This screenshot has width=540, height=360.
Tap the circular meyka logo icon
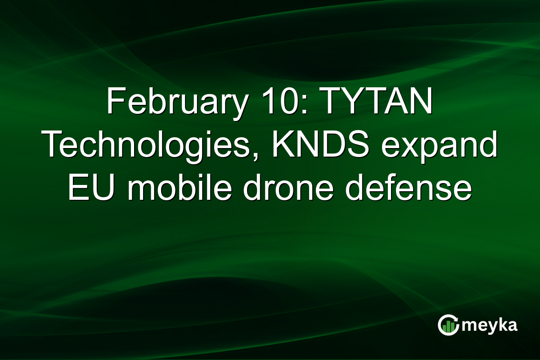click(449, 325)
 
